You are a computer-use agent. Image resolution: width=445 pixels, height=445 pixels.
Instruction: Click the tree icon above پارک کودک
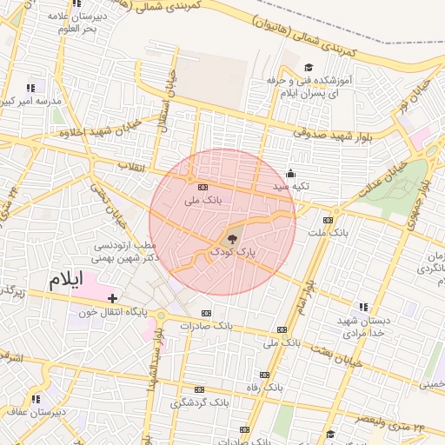[x=232, y=238]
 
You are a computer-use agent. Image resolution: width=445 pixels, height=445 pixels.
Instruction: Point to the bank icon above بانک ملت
[x=328, y=220]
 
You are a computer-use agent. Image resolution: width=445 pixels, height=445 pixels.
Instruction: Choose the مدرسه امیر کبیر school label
[x=31, y=102]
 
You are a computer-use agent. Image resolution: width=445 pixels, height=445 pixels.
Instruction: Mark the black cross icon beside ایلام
[x=112, y=298]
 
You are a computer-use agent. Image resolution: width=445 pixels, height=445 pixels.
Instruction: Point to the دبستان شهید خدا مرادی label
[x=362, y=327]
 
